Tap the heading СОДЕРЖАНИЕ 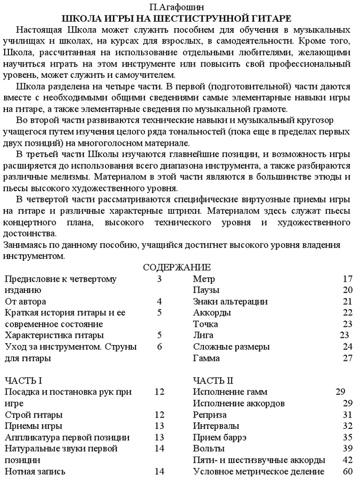pyautogui.click(x=177, y=268)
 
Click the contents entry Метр pyautogui.click(x=204, y=279)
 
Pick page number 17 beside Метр pyautogui.click(x=347, y=279)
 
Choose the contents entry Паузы pyautogui.click(x=206, y=291)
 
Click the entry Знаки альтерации pyautogui.click(x=230, y=302)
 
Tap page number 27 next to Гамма pyautogui.click(x=347, y=359)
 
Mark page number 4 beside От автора pyautogui.click(x=159, y=302)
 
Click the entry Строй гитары pyautogui.click(x=34, y=415)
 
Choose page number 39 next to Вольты pyautogui.click(x=347, y=449)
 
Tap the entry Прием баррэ pyautogui.click(x=220, y=437)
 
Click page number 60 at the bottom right pyautogui.click(x=347, y=472)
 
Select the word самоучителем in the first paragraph pyautogui.click(x=147, y=75)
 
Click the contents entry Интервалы pyautogui.click(x=216, y=426)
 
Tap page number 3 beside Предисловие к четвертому pyautogui.click(x=159, y=279)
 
